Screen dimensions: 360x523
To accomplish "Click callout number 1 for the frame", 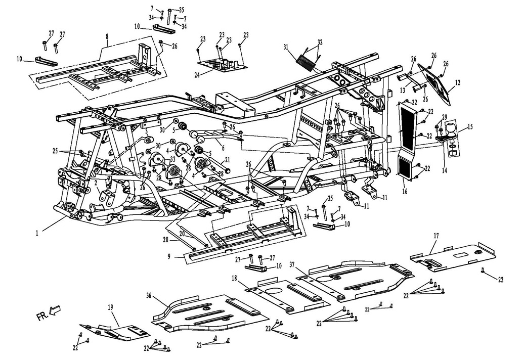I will click(37, 234).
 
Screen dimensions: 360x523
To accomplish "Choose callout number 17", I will click(435, 236).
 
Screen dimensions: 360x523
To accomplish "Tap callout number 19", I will click(110, 306).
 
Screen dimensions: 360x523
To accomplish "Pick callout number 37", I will click(291, 265).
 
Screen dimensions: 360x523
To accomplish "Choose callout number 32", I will click(320, 41).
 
